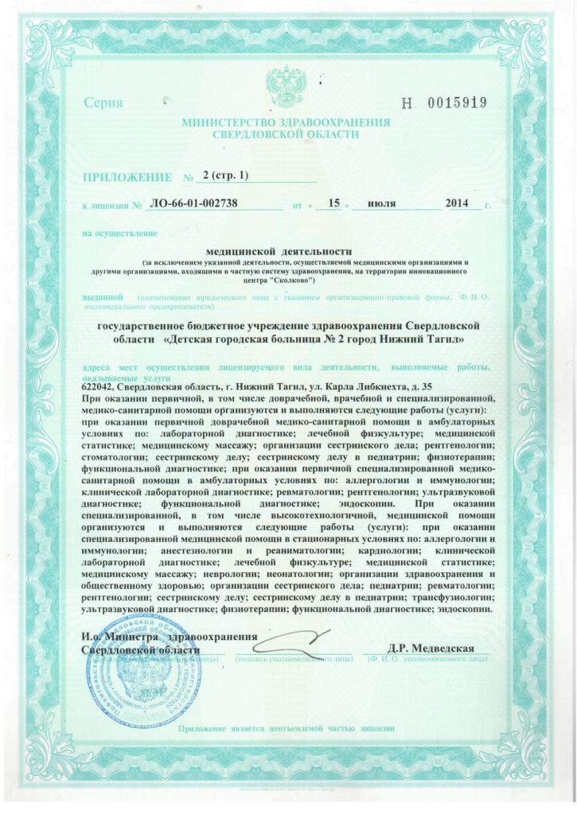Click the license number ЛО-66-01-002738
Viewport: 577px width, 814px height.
pos(193,204)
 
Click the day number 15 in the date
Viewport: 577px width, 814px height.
pos(334,204)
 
